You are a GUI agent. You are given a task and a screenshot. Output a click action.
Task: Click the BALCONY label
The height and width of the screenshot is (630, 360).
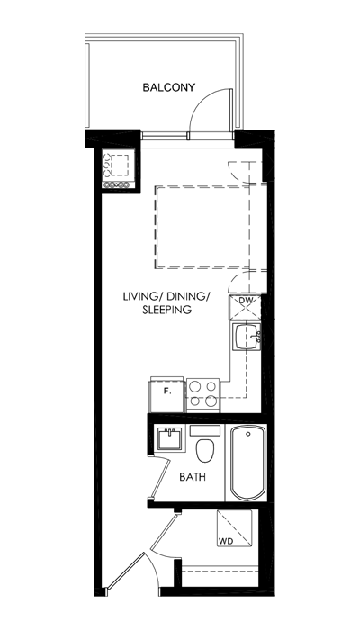[169, 87]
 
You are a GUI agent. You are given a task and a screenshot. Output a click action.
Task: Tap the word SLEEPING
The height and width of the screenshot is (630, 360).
[166, 310]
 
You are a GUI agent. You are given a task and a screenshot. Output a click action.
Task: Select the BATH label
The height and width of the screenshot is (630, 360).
[193, 477]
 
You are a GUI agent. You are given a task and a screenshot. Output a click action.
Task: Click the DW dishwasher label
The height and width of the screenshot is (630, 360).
[245, 300]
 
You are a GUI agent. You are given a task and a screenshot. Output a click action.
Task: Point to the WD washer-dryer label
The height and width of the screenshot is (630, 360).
[226, 541]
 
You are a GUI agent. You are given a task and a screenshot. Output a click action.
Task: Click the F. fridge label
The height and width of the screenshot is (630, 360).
[167, 391]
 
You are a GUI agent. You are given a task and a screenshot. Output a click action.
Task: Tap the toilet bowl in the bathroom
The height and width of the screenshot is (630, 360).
[205, 450]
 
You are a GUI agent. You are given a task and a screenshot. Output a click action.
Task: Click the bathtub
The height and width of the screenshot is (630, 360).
[247, 463]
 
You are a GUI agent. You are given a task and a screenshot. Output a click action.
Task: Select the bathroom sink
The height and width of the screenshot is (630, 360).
[169, 438]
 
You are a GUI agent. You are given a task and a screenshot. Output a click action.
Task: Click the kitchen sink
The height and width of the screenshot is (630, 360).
[247, 337]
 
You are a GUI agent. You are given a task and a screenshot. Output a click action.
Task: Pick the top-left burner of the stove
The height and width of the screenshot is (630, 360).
[195, 386]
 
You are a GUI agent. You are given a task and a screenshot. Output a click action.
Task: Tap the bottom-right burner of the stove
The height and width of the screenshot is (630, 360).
[211, 400]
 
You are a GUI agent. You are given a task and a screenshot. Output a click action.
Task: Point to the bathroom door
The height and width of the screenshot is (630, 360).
[161, 477]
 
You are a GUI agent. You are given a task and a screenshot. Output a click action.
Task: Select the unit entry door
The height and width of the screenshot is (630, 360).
[124, 571]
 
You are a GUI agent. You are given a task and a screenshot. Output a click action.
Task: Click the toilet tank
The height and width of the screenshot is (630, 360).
[205, 430]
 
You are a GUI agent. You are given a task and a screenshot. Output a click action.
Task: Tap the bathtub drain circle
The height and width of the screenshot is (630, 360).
[248, 434]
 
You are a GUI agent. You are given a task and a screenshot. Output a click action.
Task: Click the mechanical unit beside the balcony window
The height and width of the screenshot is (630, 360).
[118, 169]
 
